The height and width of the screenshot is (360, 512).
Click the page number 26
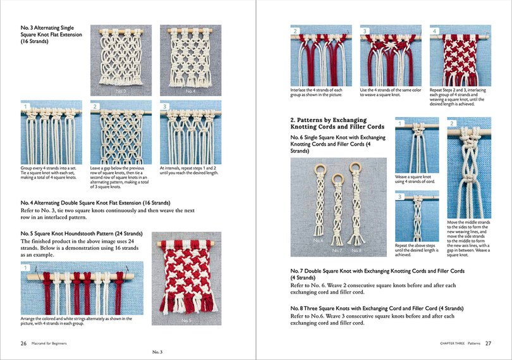pos(23,343)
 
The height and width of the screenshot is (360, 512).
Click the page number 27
pos(489,343)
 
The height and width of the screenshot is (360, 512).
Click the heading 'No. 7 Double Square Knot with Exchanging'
pos(377,274)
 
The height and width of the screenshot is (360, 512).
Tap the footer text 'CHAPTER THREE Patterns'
pos(461,343)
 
